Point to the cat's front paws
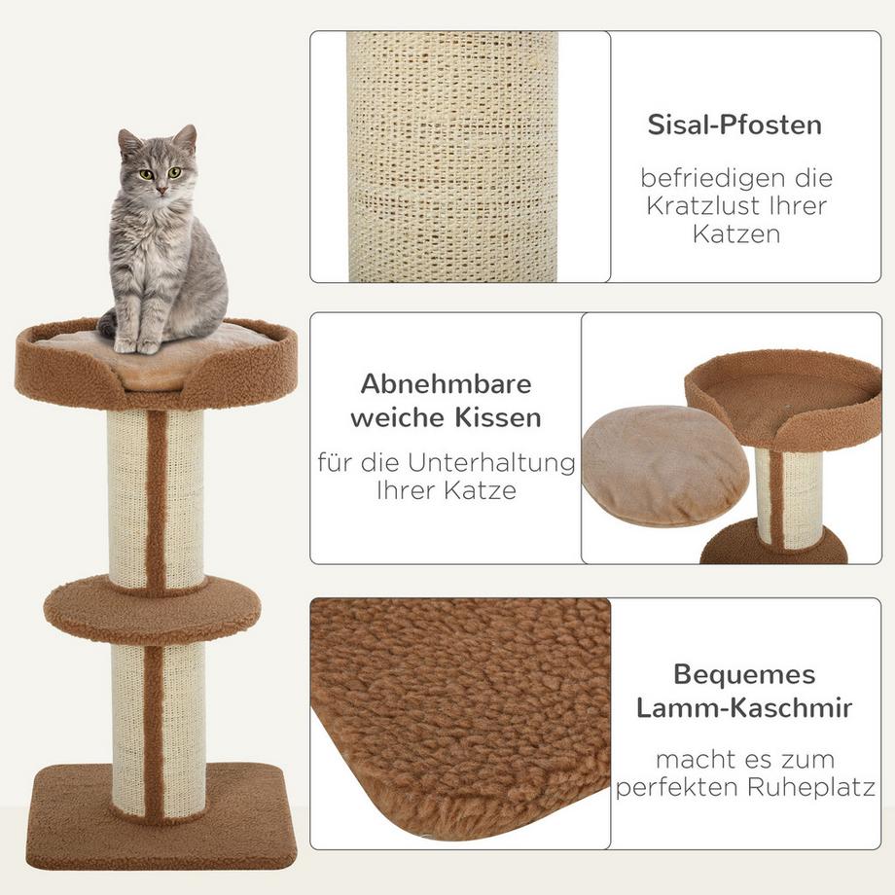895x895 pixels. tap(136, 344)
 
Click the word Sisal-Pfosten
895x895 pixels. tap(734, 125)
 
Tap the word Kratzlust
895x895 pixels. tap(739, 207)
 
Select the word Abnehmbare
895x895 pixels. tap(447, 383)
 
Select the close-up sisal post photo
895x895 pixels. tap(453, 156)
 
